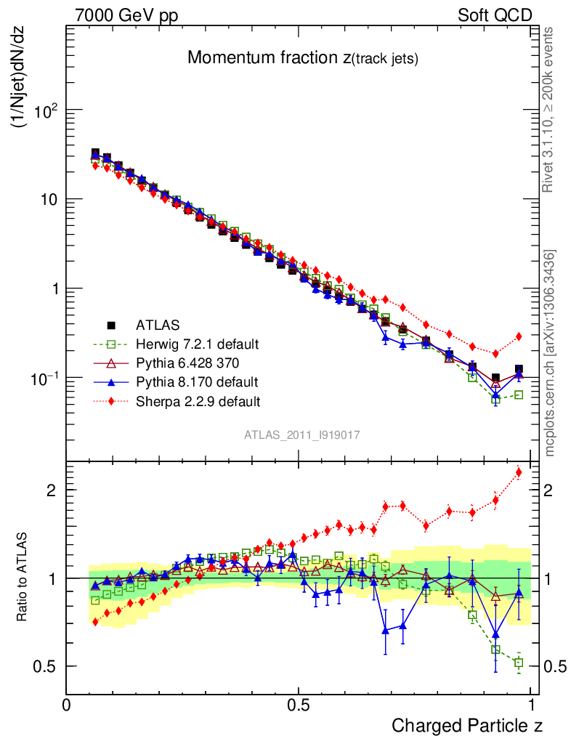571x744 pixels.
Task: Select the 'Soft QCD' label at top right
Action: point(495,15)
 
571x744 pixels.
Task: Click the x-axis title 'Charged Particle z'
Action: point(467,725)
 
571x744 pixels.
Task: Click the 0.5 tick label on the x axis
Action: point(298,705)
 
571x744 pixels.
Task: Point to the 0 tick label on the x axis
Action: point(67,705)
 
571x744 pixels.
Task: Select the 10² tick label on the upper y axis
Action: point(44,110)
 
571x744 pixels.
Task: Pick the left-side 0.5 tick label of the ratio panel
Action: point(45,666)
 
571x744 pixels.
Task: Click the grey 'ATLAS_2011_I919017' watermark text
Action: point(302,434)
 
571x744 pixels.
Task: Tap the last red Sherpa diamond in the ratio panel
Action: point(519,473)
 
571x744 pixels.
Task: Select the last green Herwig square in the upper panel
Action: point(519,395)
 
